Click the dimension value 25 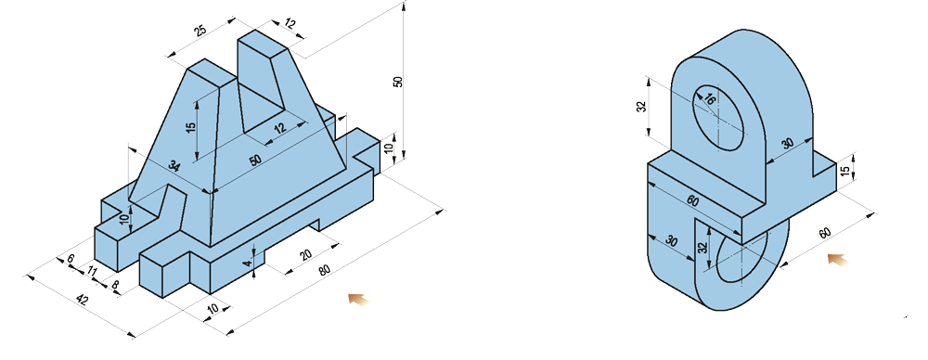(x=200, y=31)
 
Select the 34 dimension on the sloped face (x=174, y=166)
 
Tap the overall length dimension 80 (x=324, y=270)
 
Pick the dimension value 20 (x=305, y=255)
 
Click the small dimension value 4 (x=248, y=261)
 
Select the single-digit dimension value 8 (x=115, y=285)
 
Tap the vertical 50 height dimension (x=398, y=82)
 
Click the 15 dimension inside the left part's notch (x=190, y=128)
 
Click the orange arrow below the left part (x=358, y=299)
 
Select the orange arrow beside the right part (x=837, y=260)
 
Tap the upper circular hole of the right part (x=718, y=117)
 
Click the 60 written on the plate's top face (x=692, y=200)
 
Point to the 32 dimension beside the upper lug (x=642, y=107)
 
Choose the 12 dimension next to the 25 (x=289, y=25)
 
